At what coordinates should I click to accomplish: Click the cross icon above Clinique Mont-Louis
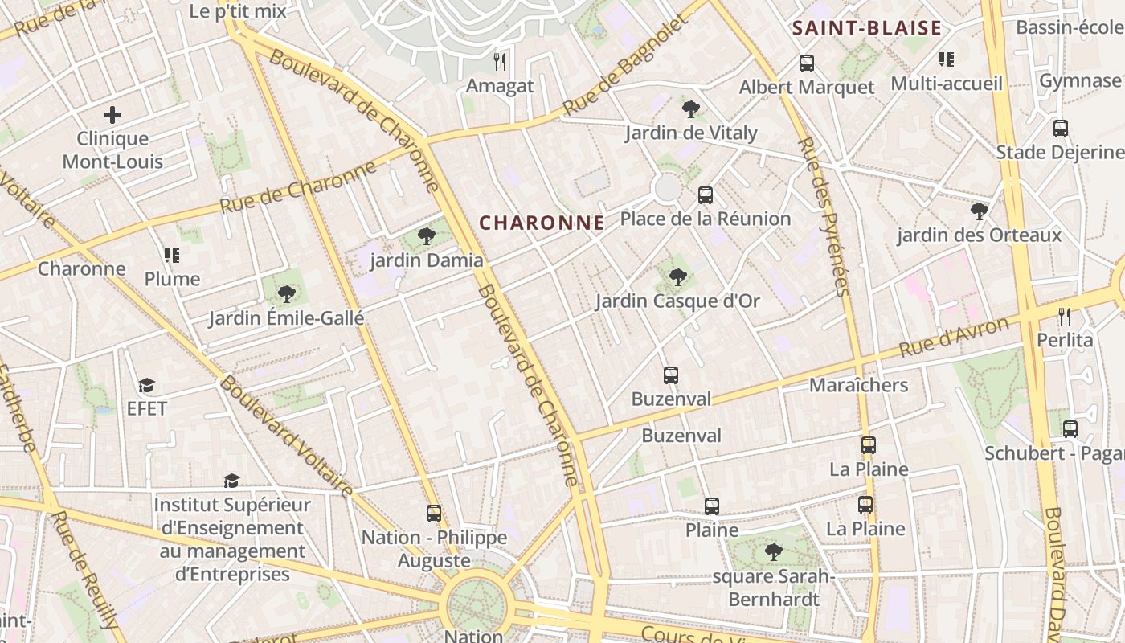112,115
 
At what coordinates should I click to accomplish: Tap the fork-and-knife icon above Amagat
500,61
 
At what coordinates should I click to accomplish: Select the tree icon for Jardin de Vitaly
690,109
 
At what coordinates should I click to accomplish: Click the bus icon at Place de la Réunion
706,195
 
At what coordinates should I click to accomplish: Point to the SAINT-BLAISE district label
867,28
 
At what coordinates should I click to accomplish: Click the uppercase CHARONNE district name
542,223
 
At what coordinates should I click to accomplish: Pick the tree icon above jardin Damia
427,235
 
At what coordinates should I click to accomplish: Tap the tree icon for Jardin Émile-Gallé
286,293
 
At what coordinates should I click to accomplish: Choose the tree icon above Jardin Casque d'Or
678,277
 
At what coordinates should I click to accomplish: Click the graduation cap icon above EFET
146,385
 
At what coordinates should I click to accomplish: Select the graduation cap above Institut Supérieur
231,481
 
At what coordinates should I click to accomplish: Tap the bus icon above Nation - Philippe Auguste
434,513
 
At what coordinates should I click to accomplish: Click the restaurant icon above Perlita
1065,316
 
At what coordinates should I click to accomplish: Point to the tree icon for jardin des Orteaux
979,211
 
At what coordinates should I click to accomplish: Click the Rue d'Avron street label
954,338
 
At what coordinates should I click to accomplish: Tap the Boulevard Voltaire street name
287,436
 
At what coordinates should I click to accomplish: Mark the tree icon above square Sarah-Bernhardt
774,552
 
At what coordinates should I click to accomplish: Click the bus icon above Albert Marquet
807,63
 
